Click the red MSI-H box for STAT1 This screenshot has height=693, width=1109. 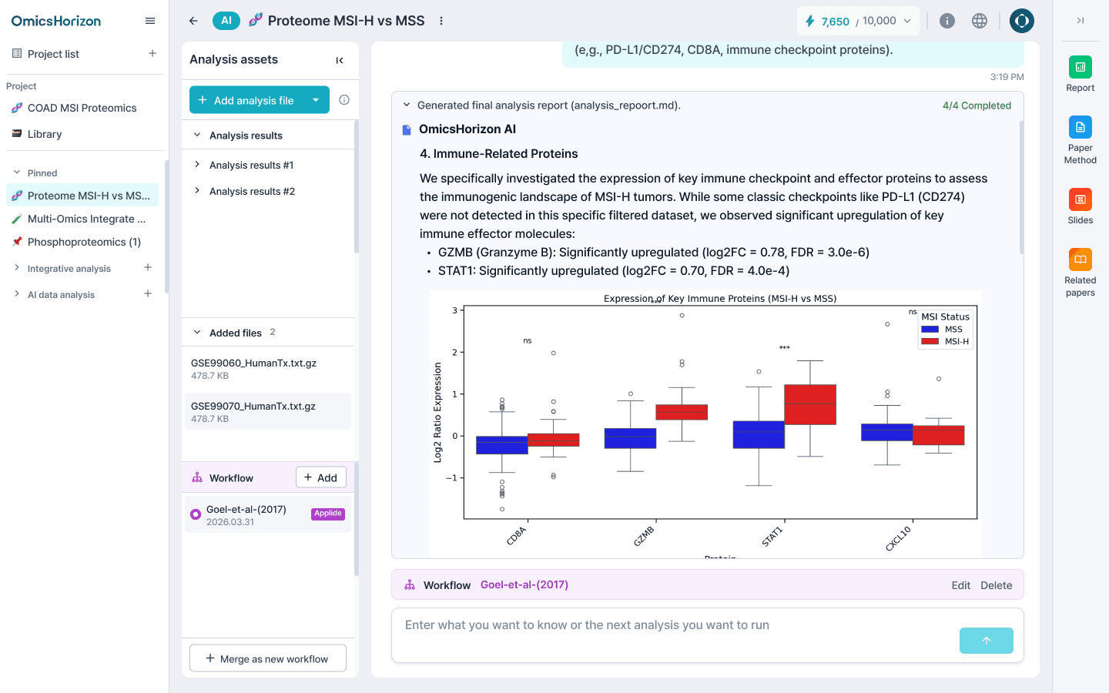[810, 404]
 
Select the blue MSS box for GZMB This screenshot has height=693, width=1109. [630, 438]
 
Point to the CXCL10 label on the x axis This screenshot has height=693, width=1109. [898, 538]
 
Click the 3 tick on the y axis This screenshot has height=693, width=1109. [454, 310]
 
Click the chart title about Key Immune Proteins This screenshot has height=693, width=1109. [719, 299]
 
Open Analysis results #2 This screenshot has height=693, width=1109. [252, 191]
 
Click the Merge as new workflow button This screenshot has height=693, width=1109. [267, 658]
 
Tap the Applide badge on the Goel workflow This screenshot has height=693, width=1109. [328, 514]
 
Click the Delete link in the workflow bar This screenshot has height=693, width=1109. [996, 585]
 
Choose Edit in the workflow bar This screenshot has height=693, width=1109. [960, 585]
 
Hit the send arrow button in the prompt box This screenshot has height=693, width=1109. [986, 641]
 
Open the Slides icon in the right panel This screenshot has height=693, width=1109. [1080, 200]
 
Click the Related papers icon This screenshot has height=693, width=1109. [1080, 260]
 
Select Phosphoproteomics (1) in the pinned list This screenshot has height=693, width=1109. [84, 242]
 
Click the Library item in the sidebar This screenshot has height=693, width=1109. [45, 134]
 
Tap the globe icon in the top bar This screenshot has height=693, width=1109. [980, 21]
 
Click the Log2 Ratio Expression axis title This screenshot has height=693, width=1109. [437, 413]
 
